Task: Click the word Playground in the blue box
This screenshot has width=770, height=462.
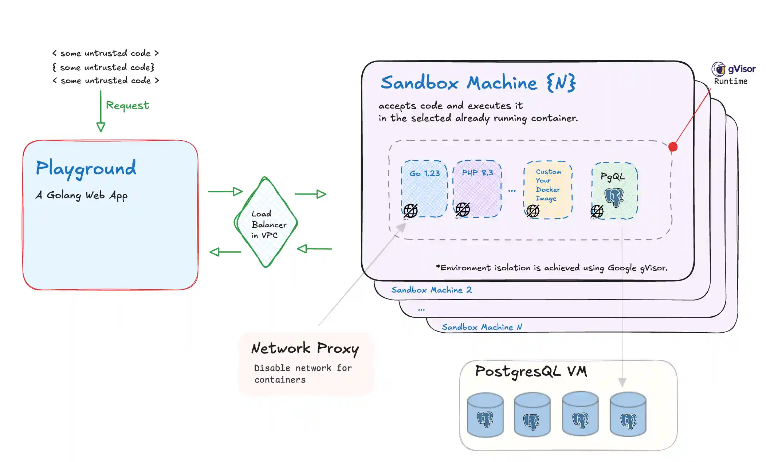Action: [x=86, y=169]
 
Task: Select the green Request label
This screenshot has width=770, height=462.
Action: [x=127, y=105]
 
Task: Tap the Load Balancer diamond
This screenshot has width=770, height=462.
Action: [x=266, y=223]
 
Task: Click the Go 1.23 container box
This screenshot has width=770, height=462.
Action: [x=424, y=188]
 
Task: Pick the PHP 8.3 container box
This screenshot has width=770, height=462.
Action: [x=477, y=188]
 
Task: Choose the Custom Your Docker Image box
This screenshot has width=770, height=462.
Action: [x=548, y=189]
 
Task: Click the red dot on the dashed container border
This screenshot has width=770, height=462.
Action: [x=673, y=147]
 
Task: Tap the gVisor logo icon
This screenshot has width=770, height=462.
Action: [x=718, y=69]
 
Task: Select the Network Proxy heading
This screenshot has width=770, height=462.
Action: [x=305, y=348]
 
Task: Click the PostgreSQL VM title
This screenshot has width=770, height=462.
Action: [x=531, y=372]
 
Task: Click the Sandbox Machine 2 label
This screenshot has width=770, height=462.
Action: [x=431, y=290]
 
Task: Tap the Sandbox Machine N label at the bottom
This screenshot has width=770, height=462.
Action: [x=482, y=327]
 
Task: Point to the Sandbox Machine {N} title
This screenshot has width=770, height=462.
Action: [x=478, y=83]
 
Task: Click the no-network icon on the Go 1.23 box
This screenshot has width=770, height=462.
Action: [x=410, y=211]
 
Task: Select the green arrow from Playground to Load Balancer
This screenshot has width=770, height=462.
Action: [x=225, y=191]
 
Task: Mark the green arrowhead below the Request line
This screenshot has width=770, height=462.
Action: [x=101, y=127]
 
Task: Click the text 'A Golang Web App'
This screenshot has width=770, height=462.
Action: [x=82, y=195]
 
